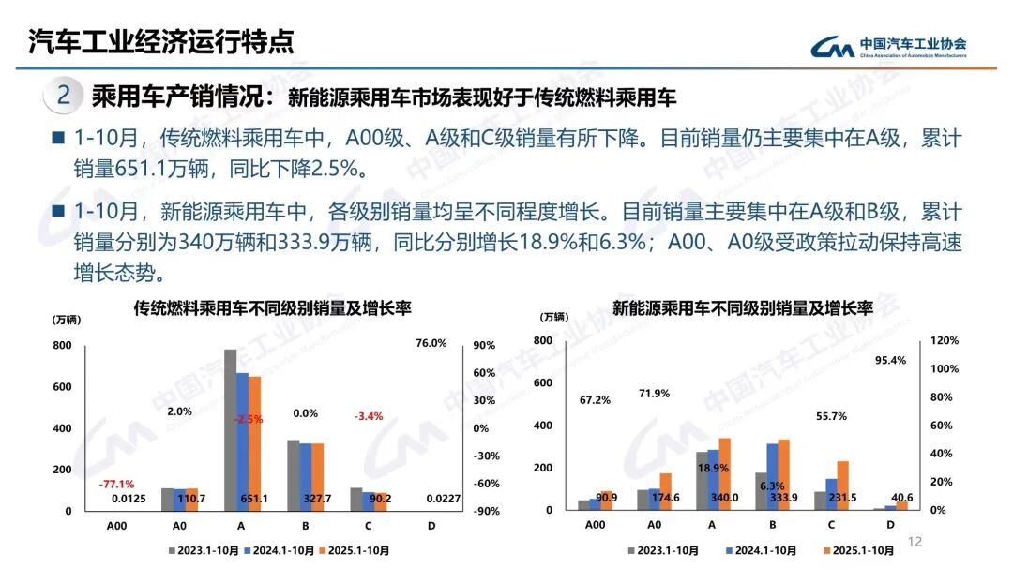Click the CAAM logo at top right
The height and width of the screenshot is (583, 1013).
tap(889, 45)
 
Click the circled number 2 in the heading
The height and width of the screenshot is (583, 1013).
tap(63, 96)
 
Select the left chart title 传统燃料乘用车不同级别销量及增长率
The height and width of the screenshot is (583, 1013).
tap(273, 307)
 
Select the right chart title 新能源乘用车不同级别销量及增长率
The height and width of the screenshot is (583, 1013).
tap(742, 307)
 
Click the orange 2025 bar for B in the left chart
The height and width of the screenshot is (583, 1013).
tap(317, 476)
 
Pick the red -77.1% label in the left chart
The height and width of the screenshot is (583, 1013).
tap(116, 485)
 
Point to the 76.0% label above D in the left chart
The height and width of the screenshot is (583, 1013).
tap(431, 343)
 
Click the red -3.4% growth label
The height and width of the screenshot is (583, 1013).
tap(368, 416)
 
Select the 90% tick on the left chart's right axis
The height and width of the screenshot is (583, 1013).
tap(484, 345)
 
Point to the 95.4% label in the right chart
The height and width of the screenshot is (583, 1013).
tap(890, 360)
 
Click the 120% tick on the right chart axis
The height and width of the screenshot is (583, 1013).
tap(945, 341)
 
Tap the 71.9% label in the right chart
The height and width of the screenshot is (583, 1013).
tap(654, 394)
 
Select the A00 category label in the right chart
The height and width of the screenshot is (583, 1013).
tap(595, 526)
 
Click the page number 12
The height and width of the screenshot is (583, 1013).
tap(916, 541)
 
